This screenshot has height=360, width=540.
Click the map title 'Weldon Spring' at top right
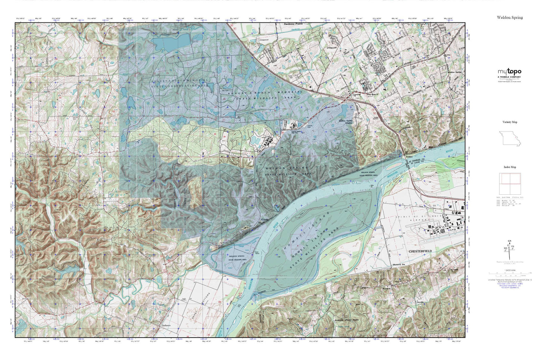point(510,18)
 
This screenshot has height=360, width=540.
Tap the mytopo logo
point(509,72)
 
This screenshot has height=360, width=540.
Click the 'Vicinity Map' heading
point(510,122)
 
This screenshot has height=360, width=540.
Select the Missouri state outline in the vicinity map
point(509,139)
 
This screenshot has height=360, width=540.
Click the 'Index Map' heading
point(510,167)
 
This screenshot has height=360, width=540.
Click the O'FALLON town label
point(332,48)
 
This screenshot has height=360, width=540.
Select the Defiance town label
point(166,326)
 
